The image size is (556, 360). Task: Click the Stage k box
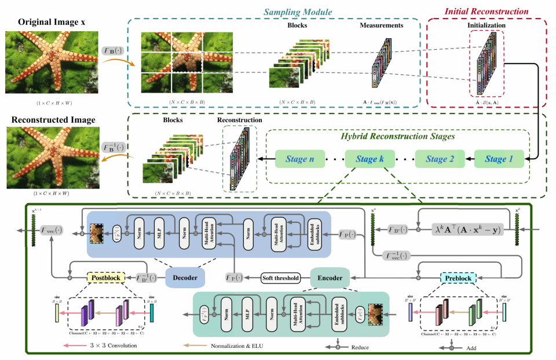tap(367, 159)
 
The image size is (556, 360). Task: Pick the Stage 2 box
tap(441, 159)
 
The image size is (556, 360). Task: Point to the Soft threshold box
tap(281, 278)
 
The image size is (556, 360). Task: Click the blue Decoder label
tap(185, 278)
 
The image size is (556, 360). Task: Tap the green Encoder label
tap(330, 278)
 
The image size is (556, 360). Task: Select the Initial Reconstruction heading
tap(486, 11)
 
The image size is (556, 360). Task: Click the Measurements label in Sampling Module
tap(381, 26)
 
